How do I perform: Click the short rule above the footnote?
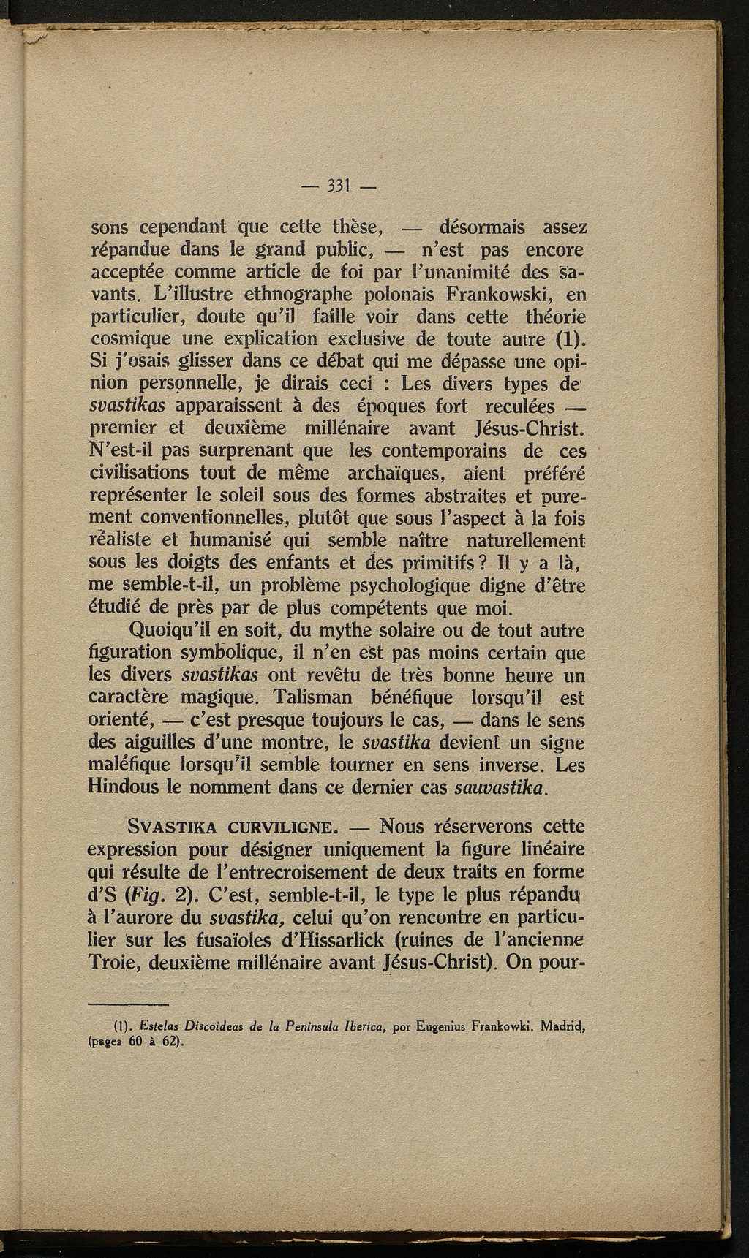coord(127,1004)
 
